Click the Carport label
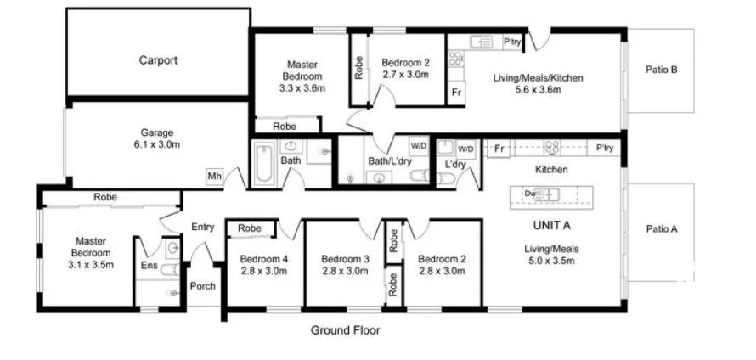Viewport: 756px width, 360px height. (x=158, y=60)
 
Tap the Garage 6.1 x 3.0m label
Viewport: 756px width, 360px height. (x=157, y=138)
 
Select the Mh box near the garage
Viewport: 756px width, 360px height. (x=214, y=177)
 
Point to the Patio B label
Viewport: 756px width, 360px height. (x=661, y=70)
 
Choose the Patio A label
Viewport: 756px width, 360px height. (x=661, y=228)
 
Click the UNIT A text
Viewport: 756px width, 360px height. (x=550, y=226)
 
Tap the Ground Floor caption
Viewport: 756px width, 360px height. (x=345, y=330)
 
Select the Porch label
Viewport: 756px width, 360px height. (x=202, y=286)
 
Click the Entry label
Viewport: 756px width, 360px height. (x=202, y=227)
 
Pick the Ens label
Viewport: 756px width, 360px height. (x=149, y=266)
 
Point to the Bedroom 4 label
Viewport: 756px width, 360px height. (x=263, y=265)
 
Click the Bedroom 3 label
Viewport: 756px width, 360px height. (x=345, y=265)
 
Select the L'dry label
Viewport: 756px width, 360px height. (x=455, y=165)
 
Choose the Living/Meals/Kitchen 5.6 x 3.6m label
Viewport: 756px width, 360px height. (x=538, y=83)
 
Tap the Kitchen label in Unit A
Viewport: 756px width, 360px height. (x=550, y=170)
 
